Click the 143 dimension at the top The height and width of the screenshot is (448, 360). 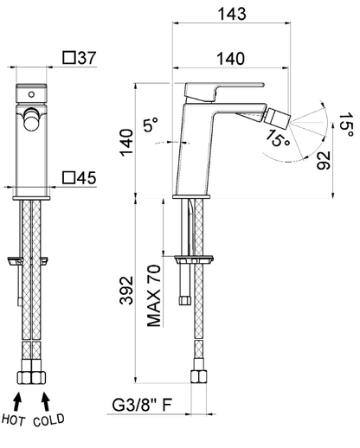tap(232, 14)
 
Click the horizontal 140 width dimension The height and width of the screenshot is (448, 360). tap(230, 58)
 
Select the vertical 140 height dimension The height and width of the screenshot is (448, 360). tap(127, 143)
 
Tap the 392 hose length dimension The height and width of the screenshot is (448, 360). tap(126, 291)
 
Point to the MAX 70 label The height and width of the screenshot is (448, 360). tap(153, 296)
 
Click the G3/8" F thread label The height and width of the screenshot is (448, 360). tap(142, 405)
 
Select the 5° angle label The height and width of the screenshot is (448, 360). tap(151, 125)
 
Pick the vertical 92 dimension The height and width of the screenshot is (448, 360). tap(323, 160)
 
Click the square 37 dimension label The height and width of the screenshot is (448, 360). tap(80, 58)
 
